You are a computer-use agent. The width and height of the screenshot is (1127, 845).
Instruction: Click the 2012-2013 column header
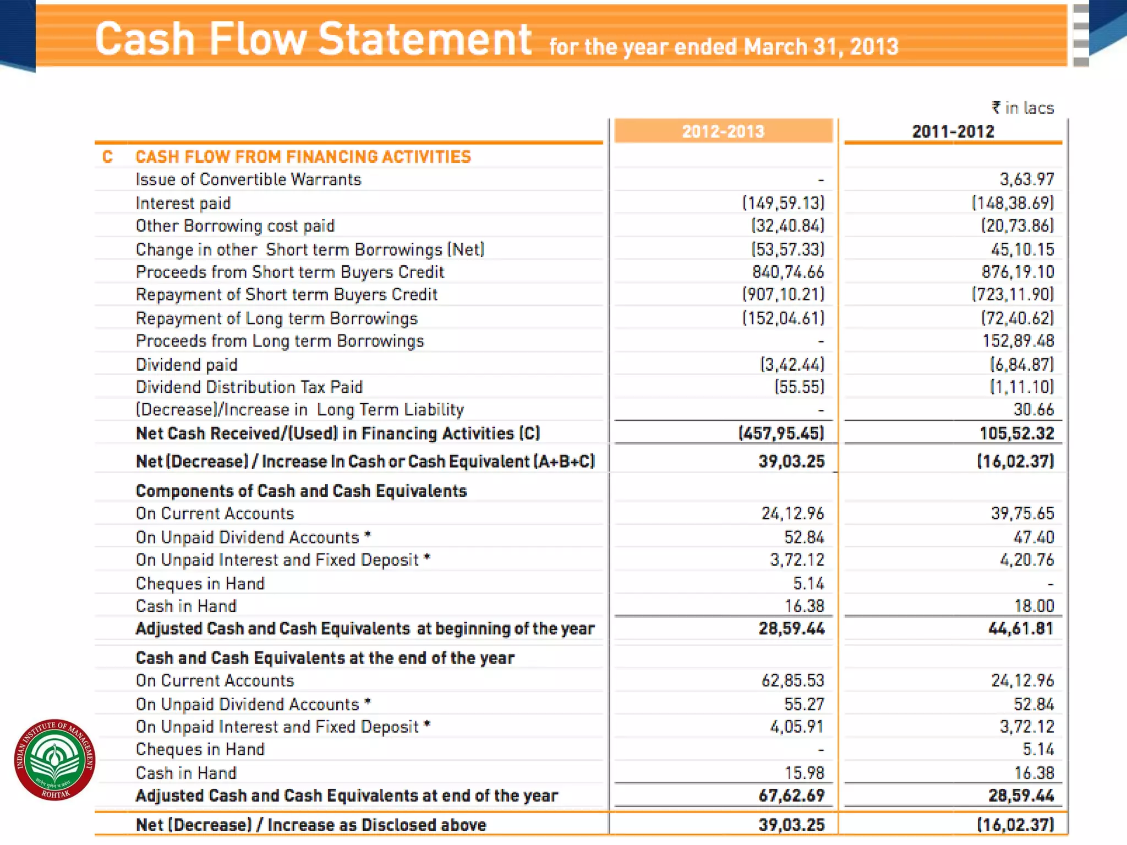point(723,131)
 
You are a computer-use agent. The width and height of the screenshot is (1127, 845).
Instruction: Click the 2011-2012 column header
point(953,131)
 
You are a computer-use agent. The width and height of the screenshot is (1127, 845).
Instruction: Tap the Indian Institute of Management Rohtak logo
point(54,760)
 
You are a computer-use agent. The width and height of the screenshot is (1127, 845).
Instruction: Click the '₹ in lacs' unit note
point(1023,108)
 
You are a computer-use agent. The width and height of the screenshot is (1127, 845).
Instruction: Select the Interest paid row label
point(183,203)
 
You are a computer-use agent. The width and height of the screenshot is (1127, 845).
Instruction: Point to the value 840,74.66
point(788,272)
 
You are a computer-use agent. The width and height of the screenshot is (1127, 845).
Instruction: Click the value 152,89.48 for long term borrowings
point(1018,341)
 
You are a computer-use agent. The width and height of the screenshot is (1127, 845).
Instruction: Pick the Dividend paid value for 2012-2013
point(792,364)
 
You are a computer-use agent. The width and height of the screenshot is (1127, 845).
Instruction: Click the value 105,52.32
point(1016,434)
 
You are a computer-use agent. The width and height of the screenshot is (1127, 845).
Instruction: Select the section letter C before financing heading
point(107,157)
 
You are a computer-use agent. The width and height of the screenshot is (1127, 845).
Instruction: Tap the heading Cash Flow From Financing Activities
point(303,157)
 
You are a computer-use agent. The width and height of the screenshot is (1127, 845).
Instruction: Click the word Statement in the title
point(425,40)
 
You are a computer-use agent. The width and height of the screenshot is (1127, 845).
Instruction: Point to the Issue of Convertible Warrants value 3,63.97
point(1027,179)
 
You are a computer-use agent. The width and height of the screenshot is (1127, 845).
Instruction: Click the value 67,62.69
point(791,795)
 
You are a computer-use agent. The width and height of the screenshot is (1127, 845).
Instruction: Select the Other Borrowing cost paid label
point(235,226)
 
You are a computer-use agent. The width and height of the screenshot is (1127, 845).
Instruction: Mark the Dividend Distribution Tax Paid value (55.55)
point(800,387)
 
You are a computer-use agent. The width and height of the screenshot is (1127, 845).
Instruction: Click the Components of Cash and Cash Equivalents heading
point(301,491)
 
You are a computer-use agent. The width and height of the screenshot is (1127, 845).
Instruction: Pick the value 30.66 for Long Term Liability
point(1033,410)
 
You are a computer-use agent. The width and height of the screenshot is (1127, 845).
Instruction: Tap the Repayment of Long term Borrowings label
point(277,319)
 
